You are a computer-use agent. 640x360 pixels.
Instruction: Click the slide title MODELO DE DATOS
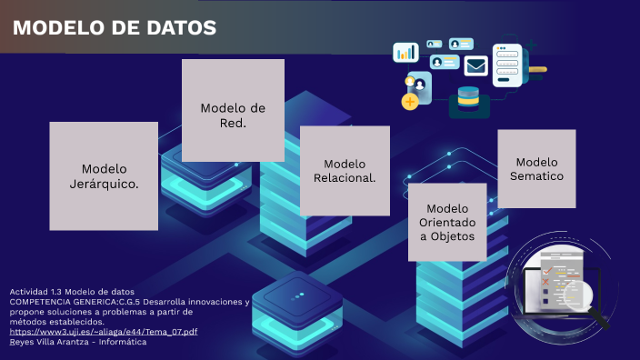[x=115, y=28]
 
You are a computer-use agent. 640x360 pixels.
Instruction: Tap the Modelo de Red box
[x=233, y=111]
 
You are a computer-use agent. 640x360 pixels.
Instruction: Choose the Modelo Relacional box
[x=345, y=170]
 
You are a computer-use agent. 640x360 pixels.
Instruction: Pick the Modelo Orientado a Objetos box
[x=446, y=222]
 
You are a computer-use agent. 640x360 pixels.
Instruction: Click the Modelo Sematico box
[x=536, y=168]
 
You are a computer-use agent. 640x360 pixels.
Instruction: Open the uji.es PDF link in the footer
[x=104, y=331]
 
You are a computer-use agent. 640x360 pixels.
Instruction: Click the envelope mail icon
[x=476, y=65]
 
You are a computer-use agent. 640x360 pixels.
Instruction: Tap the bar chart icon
[x=405, y=52]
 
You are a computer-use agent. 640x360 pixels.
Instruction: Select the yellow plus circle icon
[x=410, y=101]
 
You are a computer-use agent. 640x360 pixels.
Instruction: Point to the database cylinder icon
[x=468, y=96]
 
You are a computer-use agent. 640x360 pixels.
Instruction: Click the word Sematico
[x=536, y=176]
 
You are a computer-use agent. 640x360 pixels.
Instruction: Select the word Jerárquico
[x=105, y=185]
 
